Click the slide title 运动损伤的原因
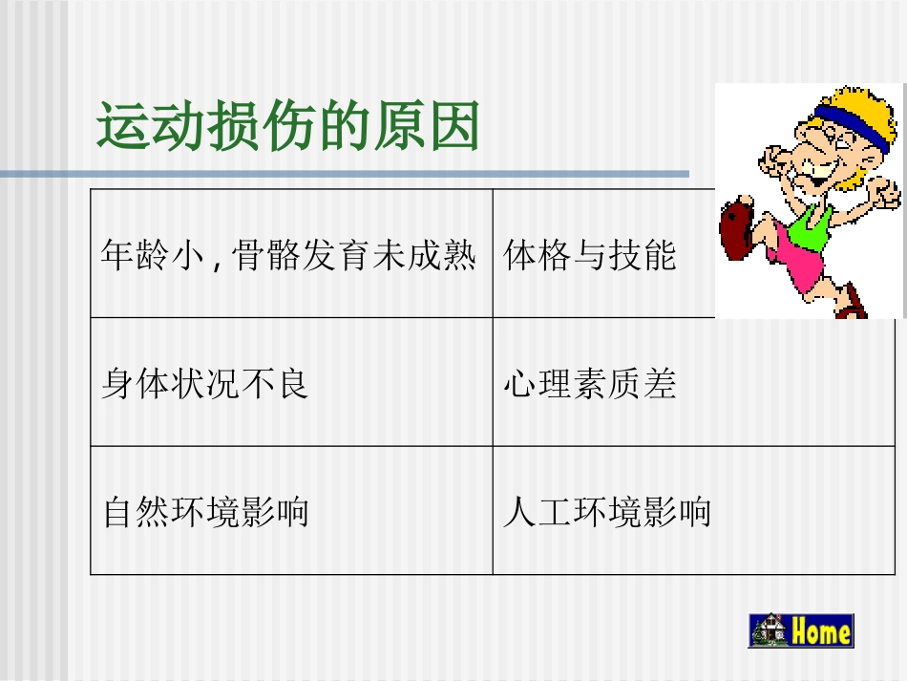point(287,127)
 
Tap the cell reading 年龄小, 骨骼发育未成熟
point(288,255)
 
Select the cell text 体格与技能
point(590,255)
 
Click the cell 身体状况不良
point(205,384)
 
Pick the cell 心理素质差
point(590,384)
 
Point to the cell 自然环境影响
point(205,513)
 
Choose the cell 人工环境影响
point(607,513)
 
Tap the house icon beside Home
point(769,631)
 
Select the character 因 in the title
point(453,127)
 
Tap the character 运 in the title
point(122,127)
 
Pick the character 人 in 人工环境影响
point(519,513)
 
